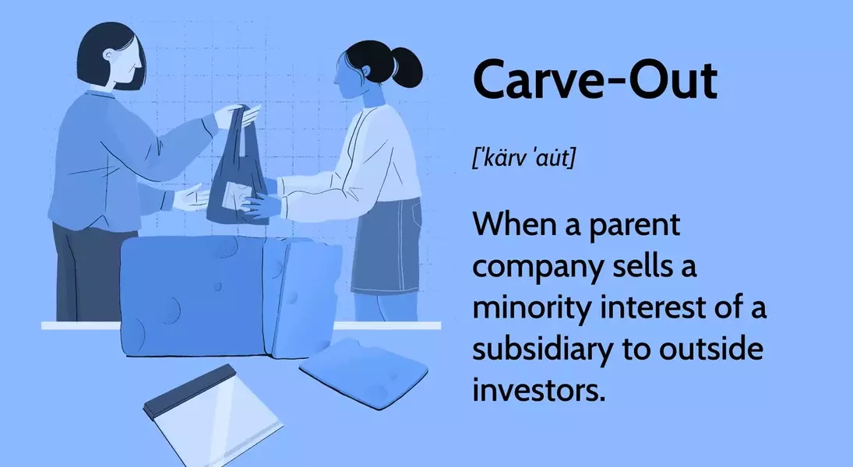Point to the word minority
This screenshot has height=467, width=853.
coord(534,307)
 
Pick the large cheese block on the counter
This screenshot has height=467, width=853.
coord(195,296)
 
